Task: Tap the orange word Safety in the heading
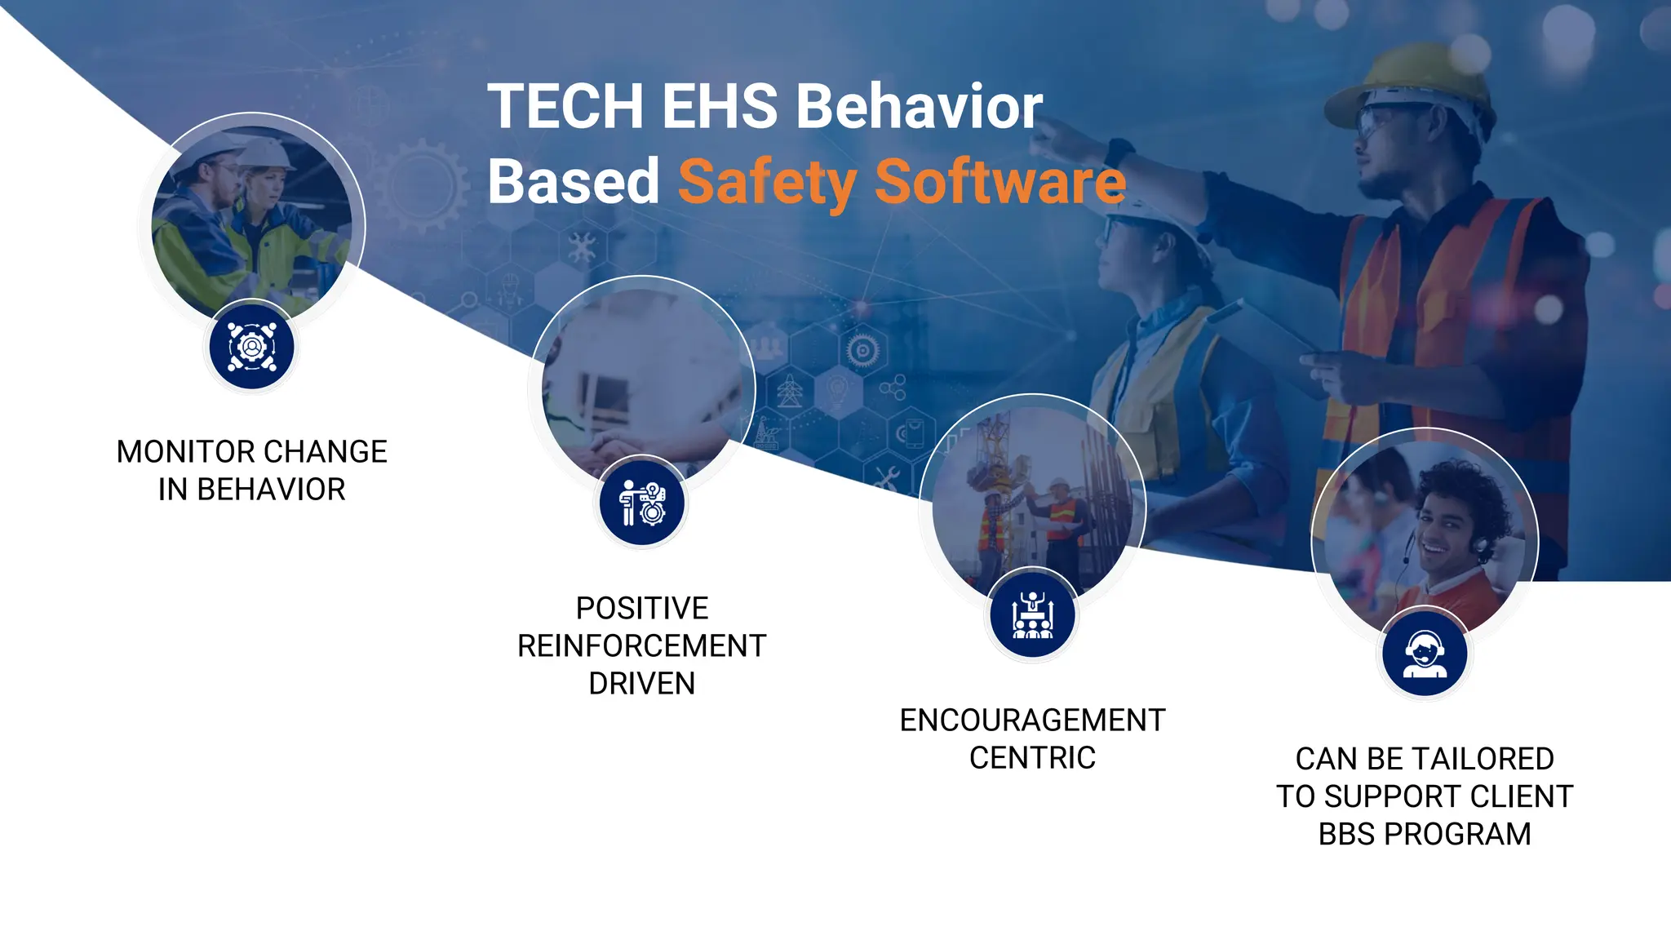pos(766,184)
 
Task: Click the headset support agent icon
pos(1425,654)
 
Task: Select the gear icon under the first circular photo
pos(252,347)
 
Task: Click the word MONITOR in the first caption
pos(185,452)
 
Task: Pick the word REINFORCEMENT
pos(641,646)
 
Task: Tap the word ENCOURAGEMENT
pos(1032,721)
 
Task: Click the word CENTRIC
pos(1032,758)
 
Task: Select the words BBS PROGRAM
pos(1424,834)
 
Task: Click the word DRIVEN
pos(641,684)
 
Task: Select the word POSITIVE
pos(641,609)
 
